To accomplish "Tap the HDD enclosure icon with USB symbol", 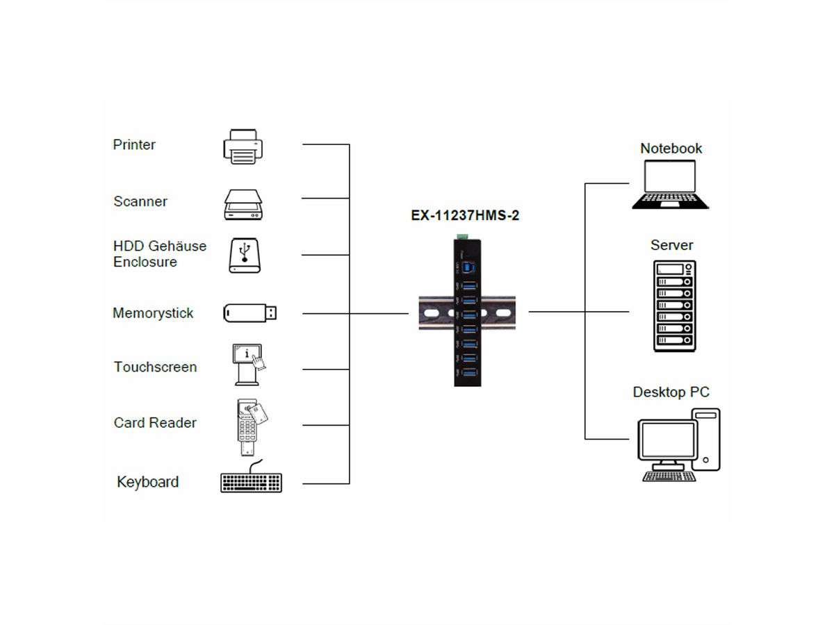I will click(244, 255).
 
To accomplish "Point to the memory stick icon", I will click(250, 312).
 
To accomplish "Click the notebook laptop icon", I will click(671, 185).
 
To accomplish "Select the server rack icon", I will click(673, 306).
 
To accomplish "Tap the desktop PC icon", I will click(679, 445).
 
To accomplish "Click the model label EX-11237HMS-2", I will click(465, 216).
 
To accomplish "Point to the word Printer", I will click(134, 144).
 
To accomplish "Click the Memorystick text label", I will click(153, 313).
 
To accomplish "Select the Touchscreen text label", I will click(155, 367).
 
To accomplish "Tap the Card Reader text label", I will click(155, 422).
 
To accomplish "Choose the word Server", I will click(671, 245).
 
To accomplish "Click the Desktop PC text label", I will click(671, 392).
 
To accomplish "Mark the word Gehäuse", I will click(177, 247).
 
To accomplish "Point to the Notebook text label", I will click(671, 148).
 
